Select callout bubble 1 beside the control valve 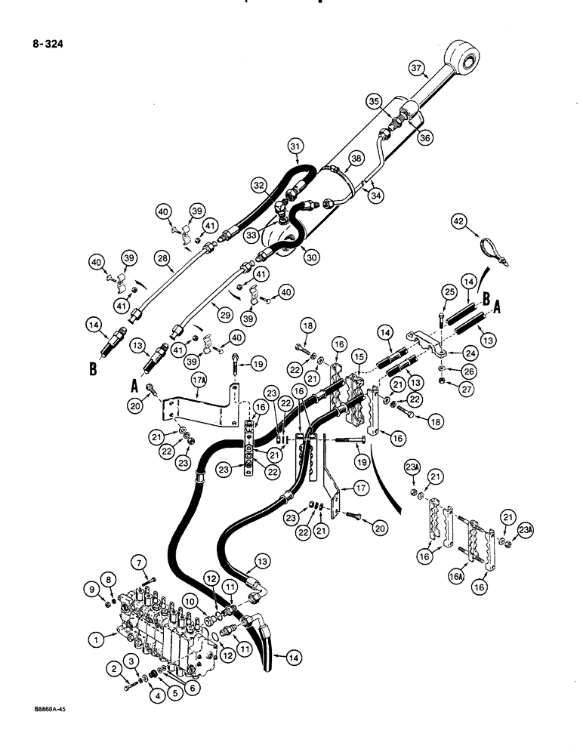96,639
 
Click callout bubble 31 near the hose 296,146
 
